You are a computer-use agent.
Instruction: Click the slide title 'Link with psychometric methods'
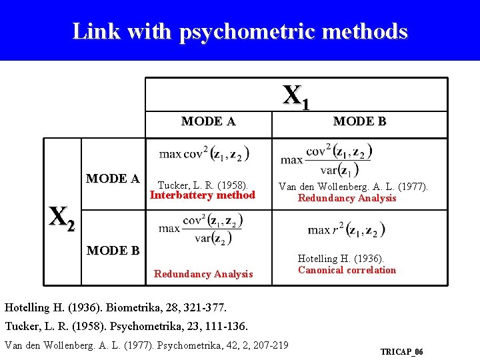239,31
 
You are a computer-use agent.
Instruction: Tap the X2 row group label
61,217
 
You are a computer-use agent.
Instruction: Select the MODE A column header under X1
208,121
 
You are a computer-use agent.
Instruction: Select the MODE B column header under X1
359,121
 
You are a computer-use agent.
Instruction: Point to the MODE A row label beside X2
113,179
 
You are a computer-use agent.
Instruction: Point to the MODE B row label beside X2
113,251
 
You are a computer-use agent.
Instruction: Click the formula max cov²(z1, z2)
204,154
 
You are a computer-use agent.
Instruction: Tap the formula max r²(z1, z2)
346,230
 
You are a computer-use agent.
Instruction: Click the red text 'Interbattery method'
203,195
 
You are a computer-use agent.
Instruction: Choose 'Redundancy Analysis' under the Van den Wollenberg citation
347,198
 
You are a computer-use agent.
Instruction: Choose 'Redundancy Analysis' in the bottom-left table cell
203,274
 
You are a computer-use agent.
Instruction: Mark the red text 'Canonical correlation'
347,270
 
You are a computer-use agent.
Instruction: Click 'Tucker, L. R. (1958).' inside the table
202,185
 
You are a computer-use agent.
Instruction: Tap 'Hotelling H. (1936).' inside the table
341,259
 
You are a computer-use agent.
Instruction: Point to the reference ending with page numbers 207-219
147,345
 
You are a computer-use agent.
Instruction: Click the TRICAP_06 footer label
401,351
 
